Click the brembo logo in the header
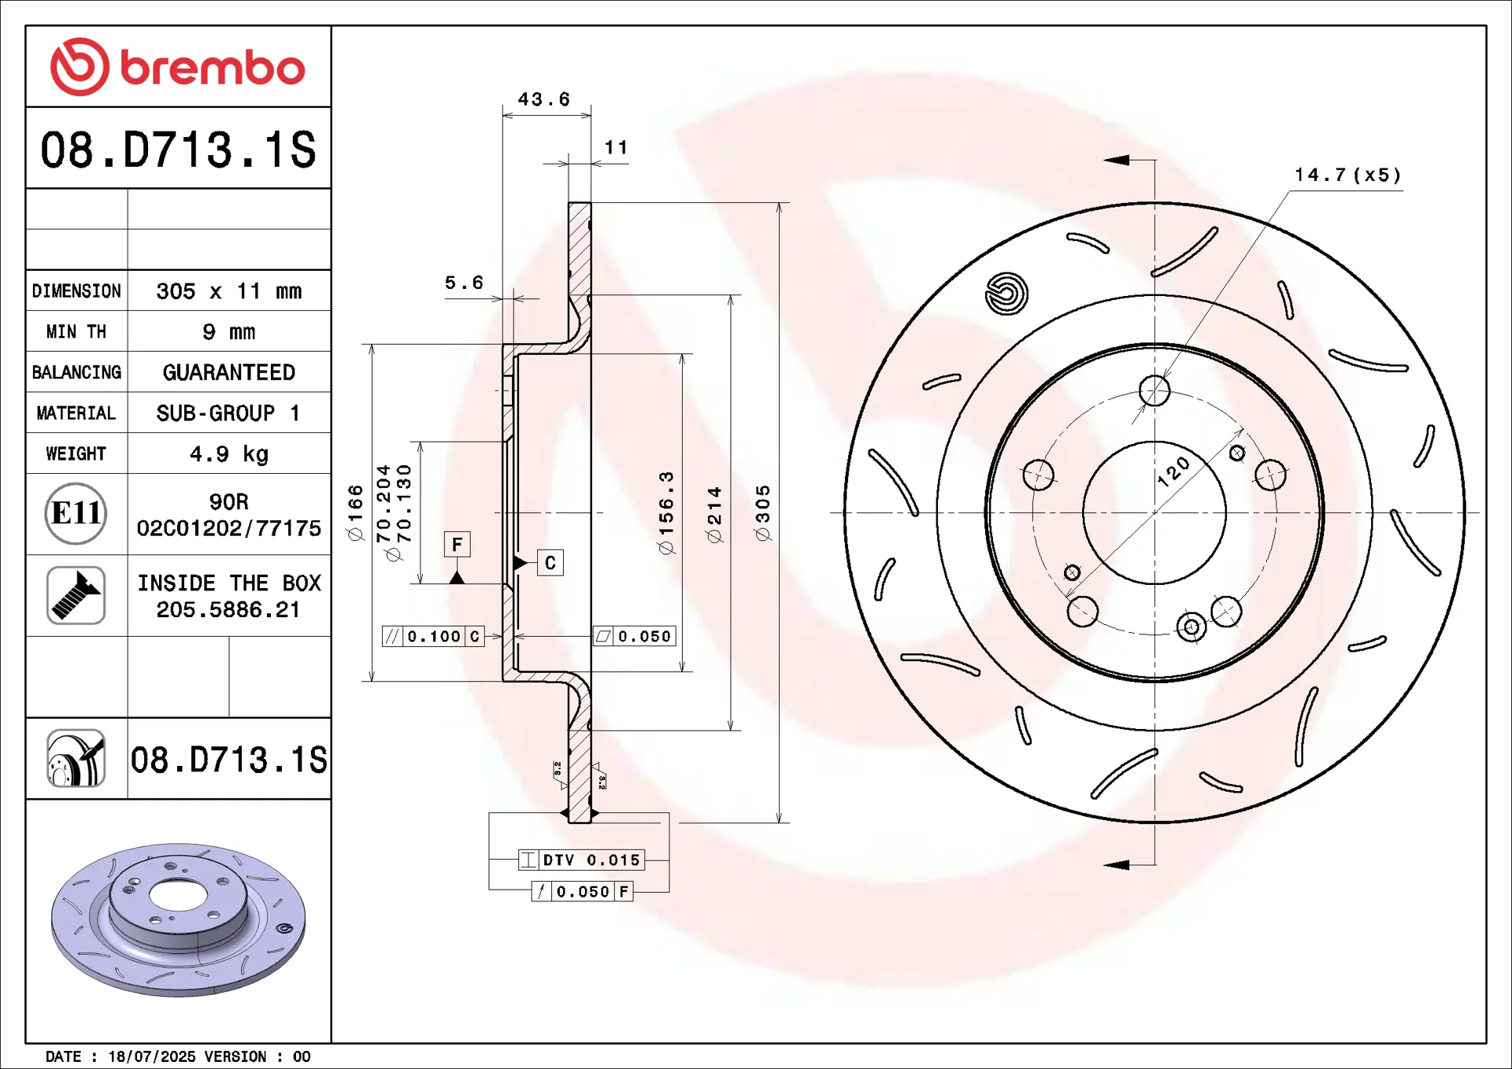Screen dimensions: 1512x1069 point(178,67)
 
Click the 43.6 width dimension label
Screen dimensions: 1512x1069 point(544,100)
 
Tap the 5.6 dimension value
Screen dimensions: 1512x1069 point(464,283)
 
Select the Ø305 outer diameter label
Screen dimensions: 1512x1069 point(762,513)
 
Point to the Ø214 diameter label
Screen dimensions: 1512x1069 point(714,515)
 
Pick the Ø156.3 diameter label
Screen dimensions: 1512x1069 point(666,513)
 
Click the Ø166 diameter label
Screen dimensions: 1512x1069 point(355,512)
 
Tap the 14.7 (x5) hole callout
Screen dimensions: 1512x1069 point(1348,175)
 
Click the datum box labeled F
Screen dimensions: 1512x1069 point(458,545)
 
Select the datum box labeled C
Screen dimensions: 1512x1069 point(550,563)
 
